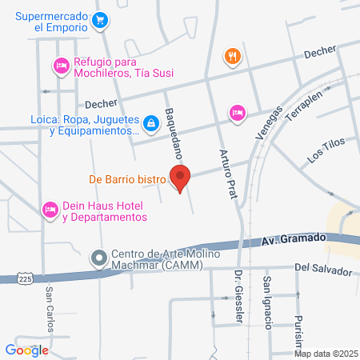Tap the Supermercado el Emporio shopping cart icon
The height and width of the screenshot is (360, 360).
tap(100, 21)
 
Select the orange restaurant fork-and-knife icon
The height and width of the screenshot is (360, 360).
tap(233, 56)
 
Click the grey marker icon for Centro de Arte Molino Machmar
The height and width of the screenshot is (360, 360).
tap(99, 258)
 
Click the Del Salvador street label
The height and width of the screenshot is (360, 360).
tap(322, 270)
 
